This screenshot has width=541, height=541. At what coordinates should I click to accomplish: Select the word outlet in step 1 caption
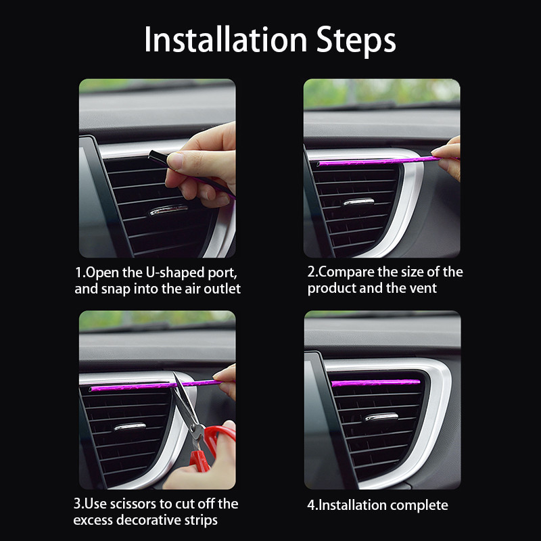221,289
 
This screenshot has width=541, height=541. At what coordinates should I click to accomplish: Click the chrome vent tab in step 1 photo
167,211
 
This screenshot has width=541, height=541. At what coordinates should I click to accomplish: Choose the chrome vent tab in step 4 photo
381,417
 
